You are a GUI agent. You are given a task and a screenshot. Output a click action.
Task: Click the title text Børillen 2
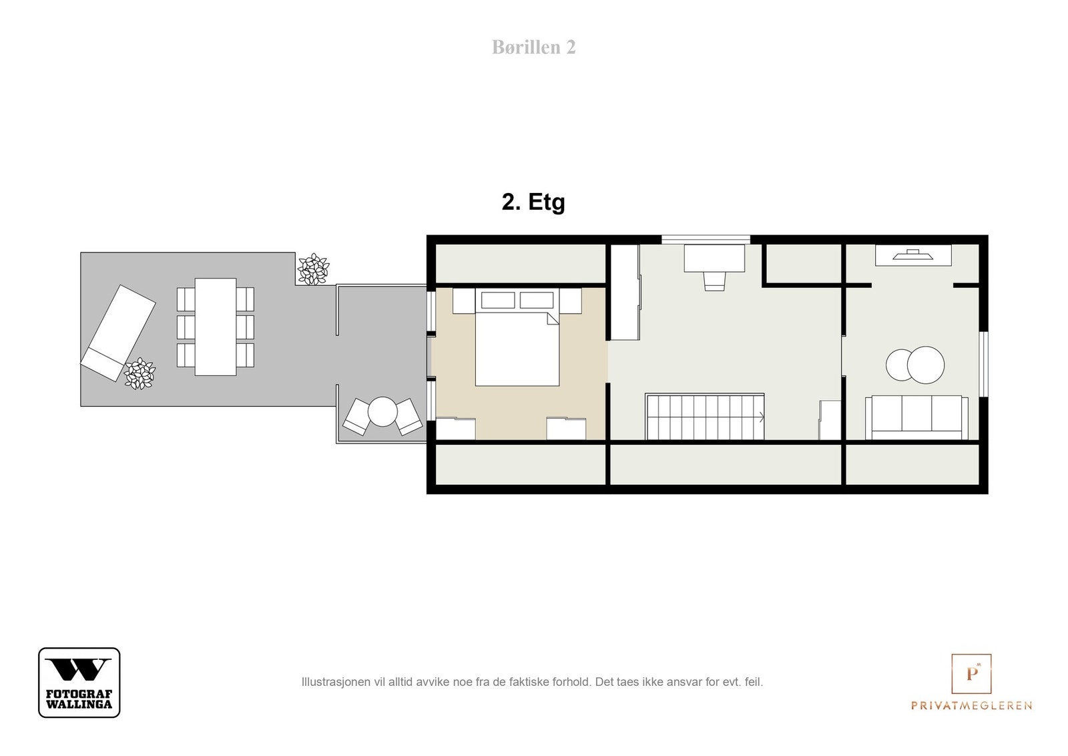pyautogui.click(x=533, y=47)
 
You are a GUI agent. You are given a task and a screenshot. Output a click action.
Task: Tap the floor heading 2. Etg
pyautogui.click(x=533, y=202)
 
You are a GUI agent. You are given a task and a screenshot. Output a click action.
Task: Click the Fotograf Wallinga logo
pyautogui.click(x=79, y=682)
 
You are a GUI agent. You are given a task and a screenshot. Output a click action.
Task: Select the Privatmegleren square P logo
pyautogui.click(x=971, y=673)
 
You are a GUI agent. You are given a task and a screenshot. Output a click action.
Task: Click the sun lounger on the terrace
pyautogui.click(x=117, y=333)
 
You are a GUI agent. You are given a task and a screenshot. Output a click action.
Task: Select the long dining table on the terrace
pyautogui.click(x=216, y=327)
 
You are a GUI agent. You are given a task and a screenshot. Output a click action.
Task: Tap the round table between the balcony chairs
pyautogui.click(x=382, y=411)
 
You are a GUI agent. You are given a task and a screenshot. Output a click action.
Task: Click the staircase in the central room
pyautogui.click(x=705, y=416)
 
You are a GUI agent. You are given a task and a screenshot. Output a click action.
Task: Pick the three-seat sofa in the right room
pyautogui.click(x=916, y=417)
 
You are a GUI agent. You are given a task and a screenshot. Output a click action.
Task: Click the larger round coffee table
pyautogui.click(x=925, y=365)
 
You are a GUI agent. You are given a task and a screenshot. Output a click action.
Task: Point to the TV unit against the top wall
pyautogui.click(x=913, y=255)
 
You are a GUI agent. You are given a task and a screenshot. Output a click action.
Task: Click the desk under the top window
pyautogui.click(x=714, y=258)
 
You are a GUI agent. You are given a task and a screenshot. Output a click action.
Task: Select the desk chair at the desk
pyautogui.click(x=714, y=281)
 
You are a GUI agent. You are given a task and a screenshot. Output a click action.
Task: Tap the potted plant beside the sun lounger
pyautogui.click(x=140, y=373)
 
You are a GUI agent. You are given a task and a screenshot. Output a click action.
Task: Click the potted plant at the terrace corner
pyautogui.click(x=313, y=269)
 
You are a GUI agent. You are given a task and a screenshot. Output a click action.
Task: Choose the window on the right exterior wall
pyautogui.click(x=984, y=364)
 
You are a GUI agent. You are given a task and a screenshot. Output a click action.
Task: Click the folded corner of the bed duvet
pyautogui.click(x=553, y=319)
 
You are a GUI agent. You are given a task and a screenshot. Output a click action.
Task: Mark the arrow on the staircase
pyautogui.click(x=762, y=417)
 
